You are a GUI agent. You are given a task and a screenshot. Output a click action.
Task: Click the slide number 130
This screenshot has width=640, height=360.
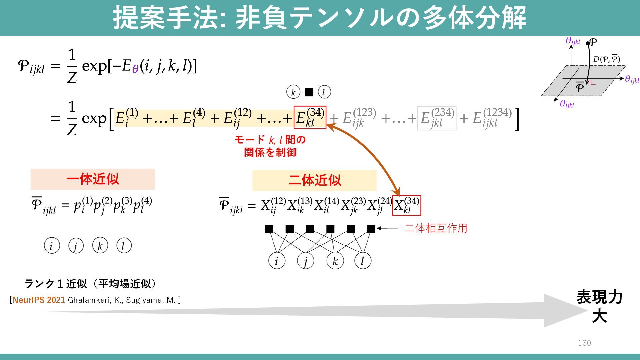[x=584, y=343]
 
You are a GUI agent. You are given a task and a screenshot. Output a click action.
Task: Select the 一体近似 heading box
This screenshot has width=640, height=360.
[x=93, y=179]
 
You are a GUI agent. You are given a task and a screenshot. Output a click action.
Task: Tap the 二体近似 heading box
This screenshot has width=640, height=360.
[x=314, y=180]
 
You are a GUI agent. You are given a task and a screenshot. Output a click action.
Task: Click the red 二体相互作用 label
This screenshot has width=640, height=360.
[x=436, y=228]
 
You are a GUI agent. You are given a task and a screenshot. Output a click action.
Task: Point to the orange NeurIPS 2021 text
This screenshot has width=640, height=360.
[x=39, y=300]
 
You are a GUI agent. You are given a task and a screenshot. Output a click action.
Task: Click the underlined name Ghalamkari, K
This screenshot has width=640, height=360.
[x=94, y=300]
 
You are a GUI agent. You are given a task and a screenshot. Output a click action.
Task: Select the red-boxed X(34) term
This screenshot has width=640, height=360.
[x=407, y=205]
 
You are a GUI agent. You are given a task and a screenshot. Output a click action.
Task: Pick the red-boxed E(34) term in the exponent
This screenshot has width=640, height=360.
[x=310, y=118]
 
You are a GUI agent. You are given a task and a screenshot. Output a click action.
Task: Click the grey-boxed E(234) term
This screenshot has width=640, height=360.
[x=437, y=118]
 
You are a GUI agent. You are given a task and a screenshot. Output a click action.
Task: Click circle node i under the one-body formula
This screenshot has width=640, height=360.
[x=52, y=246]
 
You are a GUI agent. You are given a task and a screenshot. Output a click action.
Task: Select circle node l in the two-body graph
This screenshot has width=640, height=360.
[x=363, y=261]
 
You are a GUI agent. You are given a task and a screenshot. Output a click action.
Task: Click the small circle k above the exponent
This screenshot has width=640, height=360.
[x=293, y=92]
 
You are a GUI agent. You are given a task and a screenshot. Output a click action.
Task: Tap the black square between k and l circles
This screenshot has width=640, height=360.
[x=309, y=92]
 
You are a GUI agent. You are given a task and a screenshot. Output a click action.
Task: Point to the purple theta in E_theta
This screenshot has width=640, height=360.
[x=135, y=69]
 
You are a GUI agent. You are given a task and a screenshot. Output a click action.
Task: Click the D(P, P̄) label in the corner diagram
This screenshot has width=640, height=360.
[x=606, y=59]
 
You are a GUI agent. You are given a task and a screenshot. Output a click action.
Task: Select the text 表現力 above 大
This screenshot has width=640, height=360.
[x=599, y=297]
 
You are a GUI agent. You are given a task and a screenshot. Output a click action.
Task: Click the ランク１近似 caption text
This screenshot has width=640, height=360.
[x=90, y=284]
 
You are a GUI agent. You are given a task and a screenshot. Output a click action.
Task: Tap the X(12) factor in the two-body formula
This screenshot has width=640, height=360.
[x=273, y=205]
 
